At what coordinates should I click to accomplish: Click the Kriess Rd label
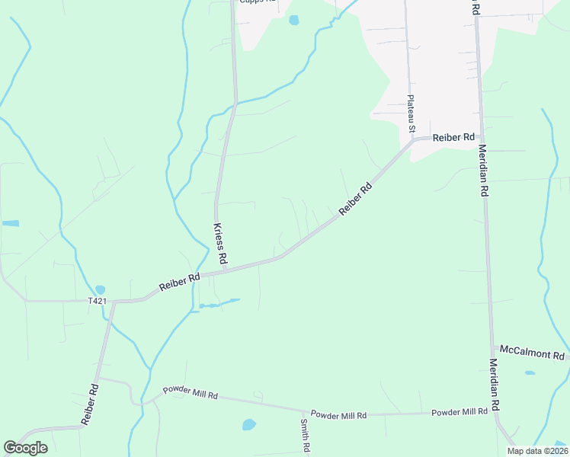click(x=219, y=244)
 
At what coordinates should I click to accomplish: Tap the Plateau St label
click(x=411, y=114)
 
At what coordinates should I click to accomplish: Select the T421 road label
click(x=97, y=301)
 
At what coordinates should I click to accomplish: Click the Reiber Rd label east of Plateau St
click(x=453, y=138)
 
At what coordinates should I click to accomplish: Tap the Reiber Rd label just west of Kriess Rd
click(x=179, y=282)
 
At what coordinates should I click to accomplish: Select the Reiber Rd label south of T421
click(x=89, y=404)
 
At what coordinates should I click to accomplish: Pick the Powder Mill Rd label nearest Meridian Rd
click(x=460, y=412)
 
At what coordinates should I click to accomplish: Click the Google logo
click(x=25, y=448)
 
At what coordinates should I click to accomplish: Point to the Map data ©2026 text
click(x=536, y=451)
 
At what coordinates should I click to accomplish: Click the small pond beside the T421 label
click(x=101, y=290)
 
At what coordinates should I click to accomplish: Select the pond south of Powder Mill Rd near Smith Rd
click(x=249, y=424)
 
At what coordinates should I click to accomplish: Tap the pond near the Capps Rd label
click(x=293, y=21)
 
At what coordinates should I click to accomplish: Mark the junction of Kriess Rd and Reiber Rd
click(x=225, y=269)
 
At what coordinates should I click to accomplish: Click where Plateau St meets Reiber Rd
click(x=414, y=139)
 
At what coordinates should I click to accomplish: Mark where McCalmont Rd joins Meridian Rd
click(x=492, y=348)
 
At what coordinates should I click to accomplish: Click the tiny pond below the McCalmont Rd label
click(x=530, y=372)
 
